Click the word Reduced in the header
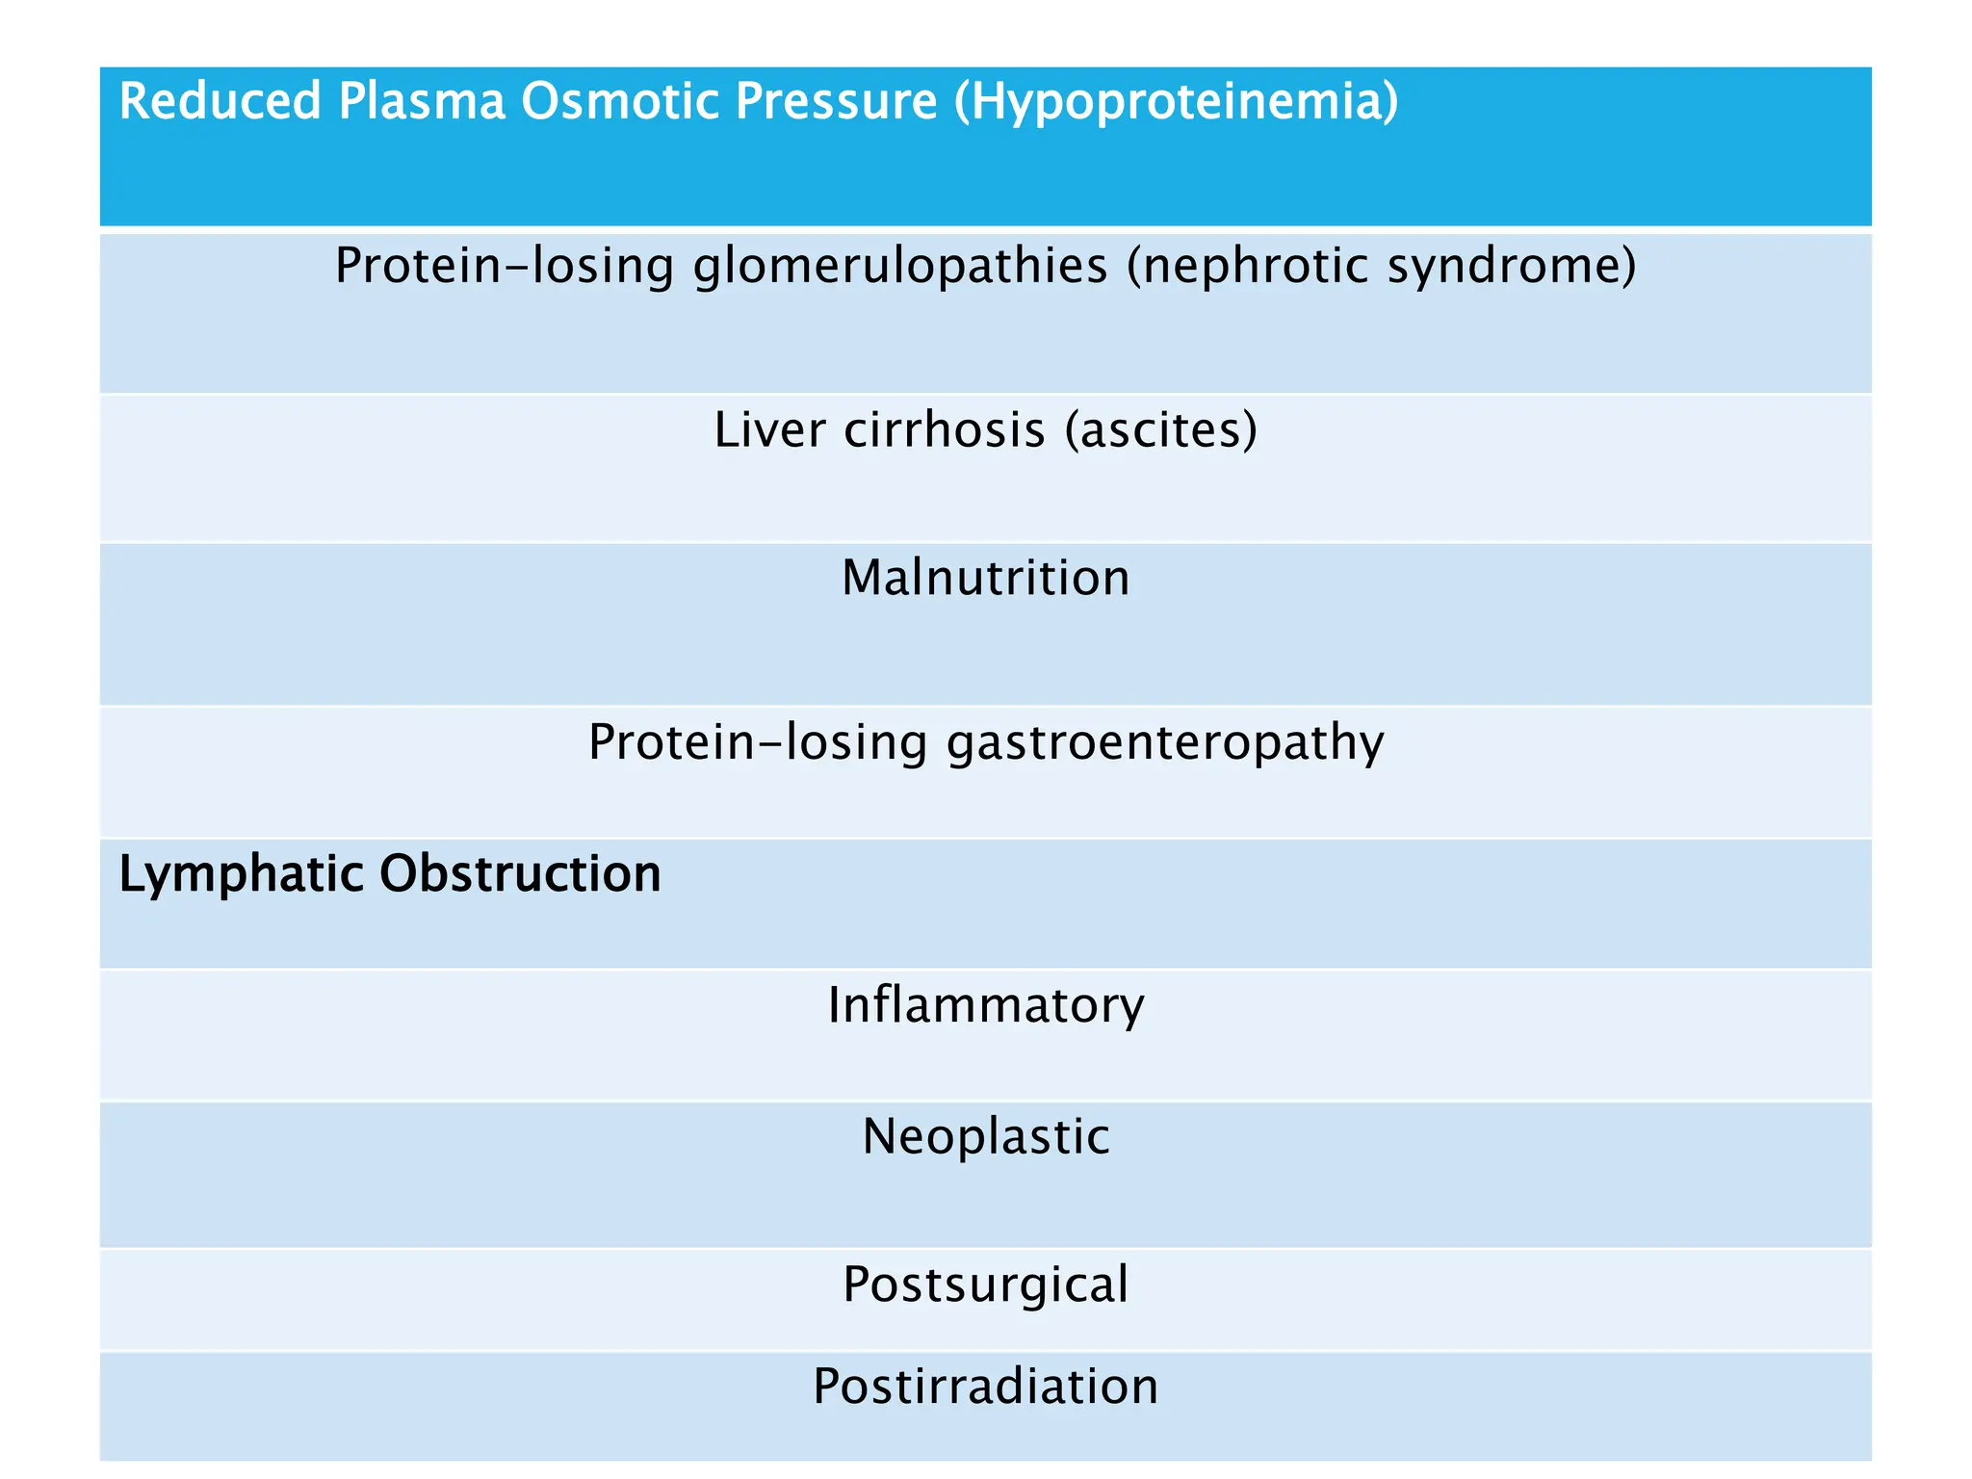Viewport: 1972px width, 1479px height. pyautogui.click(x=220, y=101)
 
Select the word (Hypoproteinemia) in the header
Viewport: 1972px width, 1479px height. pyautogui.click(x=1176, y=103)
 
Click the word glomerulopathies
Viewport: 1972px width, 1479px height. pyautogui.click(x=900, y=267)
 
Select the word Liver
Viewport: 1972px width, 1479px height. pyautogui.click(x=769, y=429)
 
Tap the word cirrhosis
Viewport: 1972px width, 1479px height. pyautogui.click(x=945, y=429)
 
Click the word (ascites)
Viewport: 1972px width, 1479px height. pyautogui.click(x=1161, y=429)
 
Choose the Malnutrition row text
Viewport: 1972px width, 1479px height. pyautogui.click(x=985, y=579)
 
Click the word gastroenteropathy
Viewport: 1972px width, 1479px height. pyautogui.click(x=1165, y=743)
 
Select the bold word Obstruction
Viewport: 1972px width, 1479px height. pyautogui.click(x=520, y=873)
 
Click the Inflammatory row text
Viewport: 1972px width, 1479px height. pyautogui.click(x=985, y=1006)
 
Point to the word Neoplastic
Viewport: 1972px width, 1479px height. pyautogui.click(x=985, y=1137)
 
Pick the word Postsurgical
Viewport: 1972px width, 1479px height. pyautogui.click(x=985, y=1285)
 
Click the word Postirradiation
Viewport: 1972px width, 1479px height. pyautogui.click(x=985, y=1388)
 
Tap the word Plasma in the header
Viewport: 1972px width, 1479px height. pyautogui.click(x=421, y=101)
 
